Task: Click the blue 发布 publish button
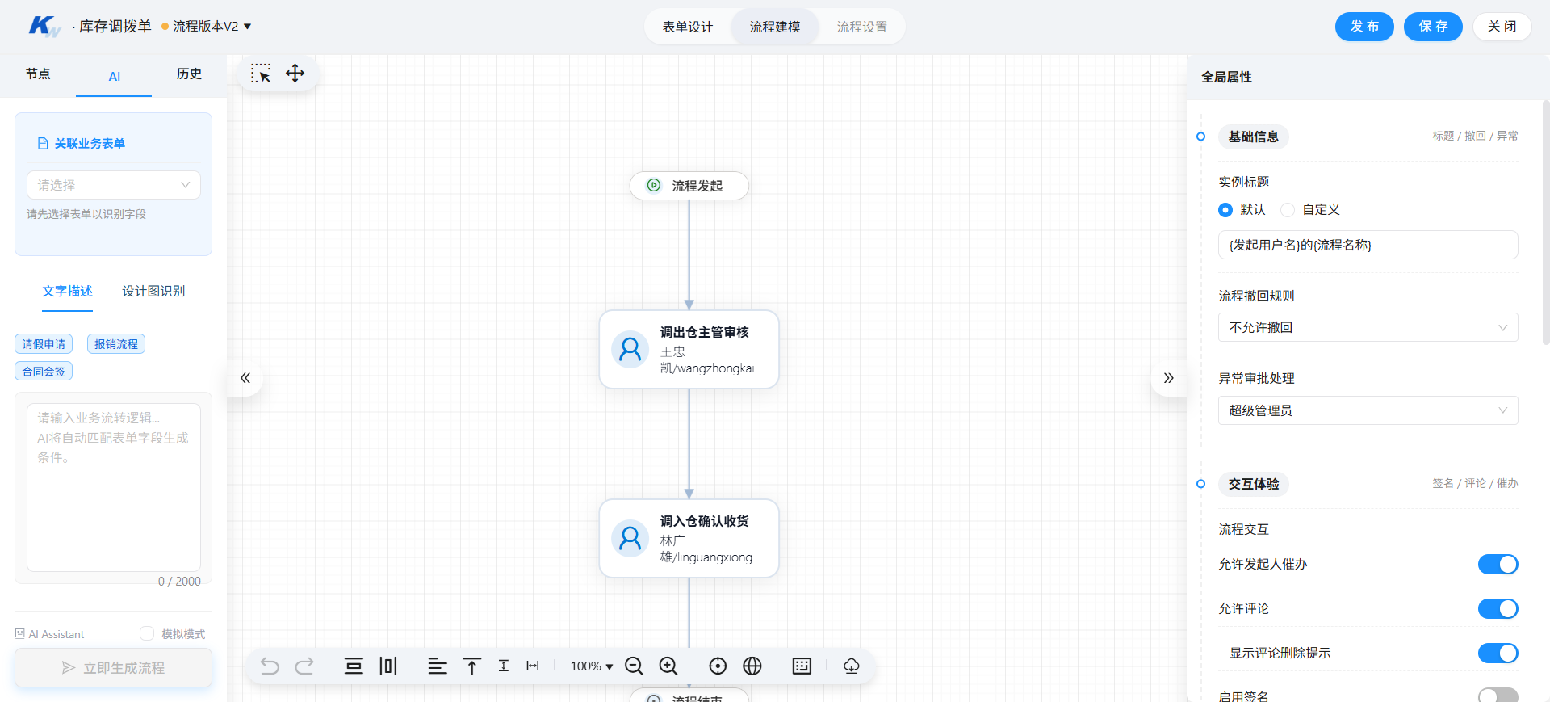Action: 1364,27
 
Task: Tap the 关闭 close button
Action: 1502,27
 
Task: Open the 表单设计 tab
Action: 688,27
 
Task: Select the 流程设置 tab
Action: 862,27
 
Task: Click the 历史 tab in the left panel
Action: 189,74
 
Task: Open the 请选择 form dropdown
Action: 114,185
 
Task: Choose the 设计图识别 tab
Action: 153,291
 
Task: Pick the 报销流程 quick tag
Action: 116,344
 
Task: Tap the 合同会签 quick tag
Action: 44,372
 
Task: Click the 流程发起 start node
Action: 689,186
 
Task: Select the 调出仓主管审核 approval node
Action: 689,350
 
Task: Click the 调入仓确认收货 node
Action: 689,539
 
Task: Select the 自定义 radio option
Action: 1288,210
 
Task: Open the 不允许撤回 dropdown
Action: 1368,327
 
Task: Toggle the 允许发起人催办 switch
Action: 1498,564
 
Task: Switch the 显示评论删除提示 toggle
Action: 1498,653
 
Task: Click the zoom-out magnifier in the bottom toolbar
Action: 635,666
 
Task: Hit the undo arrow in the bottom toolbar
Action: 270,666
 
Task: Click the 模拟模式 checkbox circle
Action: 147,633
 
